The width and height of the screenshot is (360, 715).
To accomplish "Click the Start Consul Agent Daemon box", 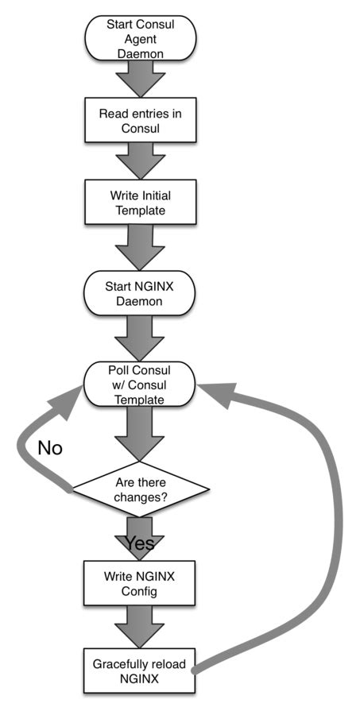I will (x=140, y=38).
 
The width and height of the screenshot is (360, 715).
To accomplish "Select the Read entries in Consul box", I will (x=140, y=120).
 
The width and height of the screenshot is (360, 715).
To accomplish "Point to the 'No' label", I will (x=50, y=449).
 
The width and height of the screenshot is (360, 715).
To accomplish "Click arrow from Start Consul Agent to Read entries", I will (x=140, y=79).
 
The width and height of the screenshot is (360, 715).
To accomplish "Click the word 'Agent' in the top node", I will (x=140, y=38).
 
